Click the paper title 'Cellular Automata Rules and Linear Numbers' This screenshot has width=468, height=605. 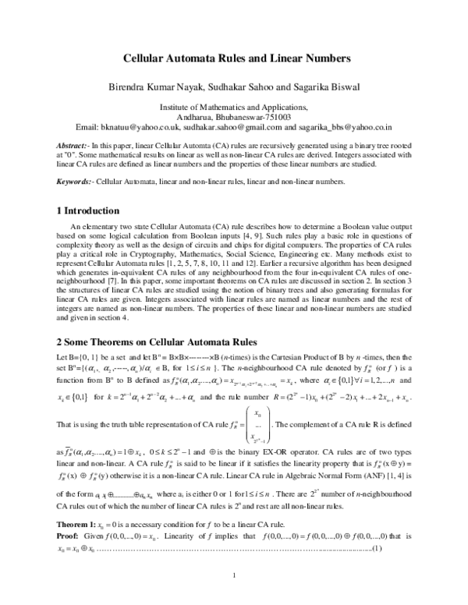[233, 58]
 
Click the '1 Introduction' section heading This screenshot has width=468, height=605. [89, 211]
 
